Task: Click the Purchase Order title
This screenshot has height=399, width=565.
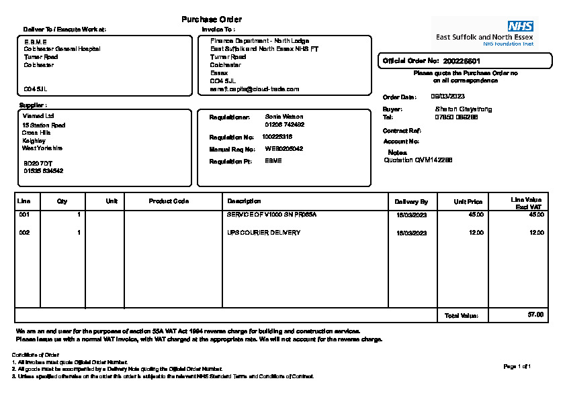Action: [x=212, y=19]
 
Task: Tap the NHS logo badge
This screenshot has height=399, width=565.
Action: [x=520, y=26]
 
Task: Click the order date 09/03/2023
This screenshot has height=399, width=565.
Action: [x=447, y=97]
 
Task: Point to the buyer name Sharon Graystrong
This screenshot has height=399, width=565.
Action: [x=464, y=109]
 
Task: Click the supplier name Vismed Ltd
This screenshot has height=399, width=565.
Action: [x=34, y=115]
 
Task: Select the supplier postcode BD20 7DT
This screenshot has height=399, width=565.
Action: [x=36, y=163]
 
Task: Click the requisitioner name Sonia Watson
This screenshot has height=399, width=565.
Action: [x=284, y=117]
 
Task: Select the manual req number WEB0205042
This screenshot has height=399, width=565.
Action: [x=284, y=149]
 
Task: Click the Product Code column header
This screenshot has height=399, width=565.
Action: [x=169, y=201]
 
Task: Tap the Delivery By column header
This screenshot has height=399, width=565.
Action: [x=411, y=201]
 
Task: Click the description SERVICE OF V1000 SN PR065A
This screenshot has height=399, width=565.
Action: [x=271, y=215]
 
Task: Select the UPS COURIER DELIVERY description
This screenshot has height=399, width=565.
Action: [x=263, y=233]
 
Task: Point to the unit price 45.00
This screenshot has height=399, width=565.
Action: [x=476, y=215]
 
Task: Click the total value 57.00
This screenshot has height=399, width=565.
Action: [x=535, y=315]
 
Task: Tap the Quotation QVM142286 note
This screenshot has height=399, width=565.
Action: [x=418, y=160]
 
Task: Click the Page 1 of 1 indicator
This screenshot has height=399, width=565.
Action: [x=517, y=366]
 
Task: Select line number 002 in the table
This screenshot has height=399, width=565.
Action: [x=24, y=233]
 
